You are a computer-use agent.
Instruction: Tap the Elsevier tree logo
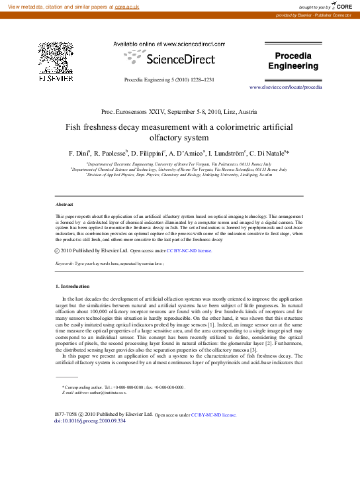pyautogui.click(x=55, y=60)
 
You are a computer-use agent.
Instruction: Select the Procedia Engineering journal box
pyautogui.click(x=292, y=61)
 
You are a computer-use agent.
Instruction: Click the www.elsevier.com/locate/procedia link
pyautogui.click(x=285, y=87)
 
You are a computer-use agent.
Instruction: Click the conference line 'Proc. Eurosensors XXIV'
pyautogui.click(x=137, y=114)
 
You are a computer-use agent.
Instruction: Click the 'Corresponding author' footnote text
pyautogui.click(x=87, y=386)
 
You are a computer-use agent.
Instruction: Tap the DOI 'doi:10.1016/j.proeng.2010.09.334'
pyautogui.click(x=89, y=420)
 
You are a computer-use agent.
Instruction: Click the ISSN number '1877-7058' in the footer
pyautogui.click(x=64, y=415)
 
